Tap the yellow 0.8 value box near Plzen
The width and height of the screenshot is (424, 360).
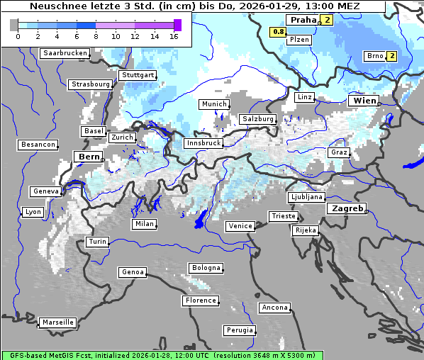279,32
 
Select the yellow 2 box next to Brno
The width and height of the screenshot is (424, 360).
391,56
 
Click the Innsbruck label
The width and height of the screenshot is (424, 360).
203,143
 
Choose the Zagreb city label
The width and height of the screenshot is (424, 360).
346,209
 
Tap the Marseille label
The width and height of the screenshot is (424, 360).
58,322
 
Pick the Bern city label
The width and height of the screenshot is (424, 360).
89,157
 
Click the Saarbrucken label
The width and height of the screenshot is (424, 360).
65,53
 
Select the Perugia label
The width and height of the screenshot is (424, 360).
239,330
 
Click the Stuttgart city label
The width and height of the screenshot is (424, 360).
138,75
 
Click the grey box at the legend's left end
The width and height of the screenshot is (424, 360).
14,25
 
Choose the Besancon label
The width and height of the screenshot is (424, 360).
38,145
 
